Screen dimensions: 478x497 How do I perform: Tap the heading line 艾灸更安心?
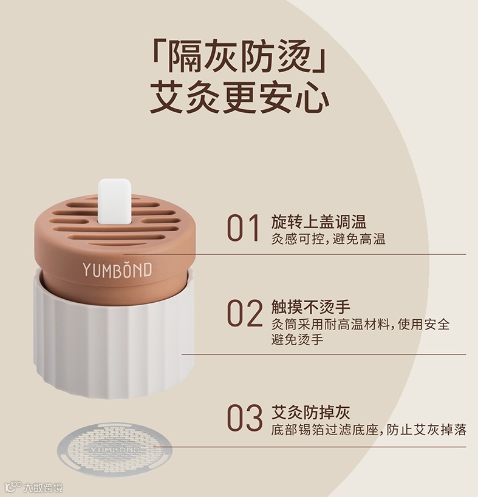tap(240, 98)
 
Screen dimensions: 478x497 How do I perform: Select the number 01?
tap(243, 228)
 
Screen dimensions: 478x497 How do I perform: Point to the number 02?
tap(245, 313)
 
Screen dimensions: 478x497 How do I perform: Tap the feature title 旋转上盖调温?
tap(319, 221)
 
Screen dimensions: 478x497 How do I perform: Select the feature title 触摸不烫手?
tap(311, 306)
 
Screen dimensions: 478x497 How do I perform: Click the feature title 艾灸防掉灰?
tap(311, 412)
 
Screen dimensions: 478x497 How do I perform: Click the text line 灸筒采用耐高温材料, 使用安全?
tap(360, 324)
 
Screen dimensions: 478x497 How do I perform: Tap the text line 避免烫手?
tap(297, 339)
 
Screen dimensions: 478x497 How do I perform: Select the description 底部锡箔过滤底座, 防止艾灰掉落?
tap(369, 430)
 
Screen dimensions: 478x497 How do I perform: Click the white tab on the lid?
tap(114, 201)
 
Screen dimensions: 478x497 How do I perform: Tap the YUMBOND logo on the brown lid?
tap(117, 269)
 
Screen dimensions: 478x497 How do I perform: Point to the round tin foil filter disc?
tap(115, 449)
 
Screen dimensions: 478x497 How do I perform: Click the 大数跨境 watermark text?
tap(43, 487)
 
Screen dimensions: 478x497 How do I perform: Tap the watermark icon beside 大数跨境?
tap(13, 487)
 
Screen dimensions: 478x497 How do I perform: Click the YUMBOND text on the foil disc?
tap(115, 450)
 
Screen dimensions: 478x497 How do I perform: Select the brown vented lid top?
tap(114, 222)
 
